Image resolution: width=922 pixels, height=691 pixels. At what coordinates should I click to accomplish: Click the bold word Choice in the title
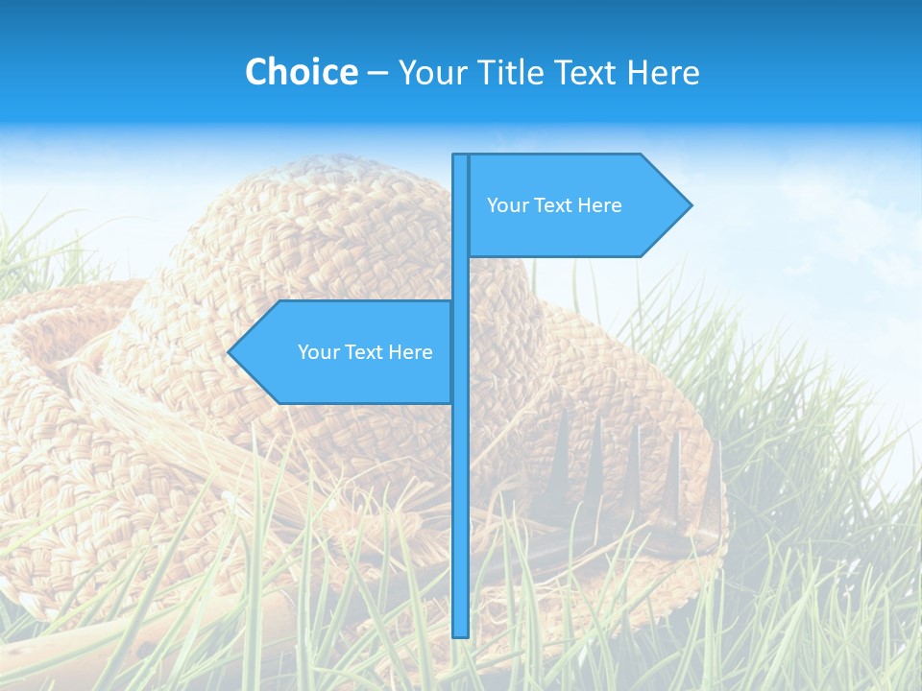click(x=301, y=72)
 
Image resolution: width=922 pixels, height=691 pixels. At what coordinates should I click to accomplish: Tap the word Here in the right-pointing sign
click(x=599, y=205)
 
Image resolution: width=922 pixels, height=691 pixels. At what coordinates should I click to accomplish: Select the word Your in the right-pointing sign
click(x=508, y=205)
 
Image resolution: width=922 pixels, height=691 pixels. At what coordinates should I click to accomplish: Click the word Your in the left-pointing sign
click(x=319, y=352)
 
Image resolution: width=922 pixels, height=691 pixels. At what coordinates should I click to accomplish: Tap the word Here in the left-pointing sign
click(x=410, y=352)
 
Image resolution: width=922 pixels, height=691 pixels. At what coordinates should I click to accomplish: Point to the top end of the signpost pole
click(x=460, y=156)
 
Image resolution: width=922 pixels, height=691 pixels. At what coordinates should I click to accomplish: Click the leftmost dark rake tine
click(x=559, y=451)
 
